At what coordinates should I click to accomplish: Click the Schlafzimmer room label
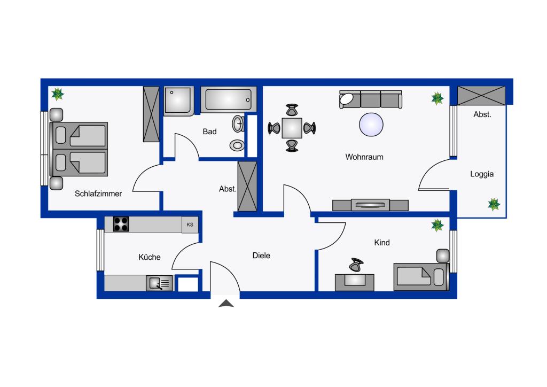(98, 193)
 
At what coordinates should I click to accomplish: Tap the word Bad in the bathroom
(209, 131)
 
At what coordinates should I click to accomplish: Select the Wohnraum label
(364, 157)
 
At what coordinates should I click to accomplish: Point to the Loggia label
(482, 174)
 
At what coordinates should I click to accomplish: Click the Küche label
(150, 257)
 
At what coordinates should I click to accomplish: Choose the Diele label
(261, 256)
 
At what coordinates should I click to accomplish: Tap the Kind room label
(381, 243)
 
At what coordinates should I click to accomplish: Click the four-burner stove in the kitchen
(121, 224)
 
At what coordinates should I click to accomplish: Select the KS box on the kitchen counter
(190, 225)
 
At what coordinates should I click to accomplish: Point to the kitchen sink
(159, 283)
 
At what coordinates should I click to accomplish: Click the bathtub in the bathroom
(229, 100)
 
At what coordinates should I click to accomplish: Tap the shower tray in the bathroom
(178, 101)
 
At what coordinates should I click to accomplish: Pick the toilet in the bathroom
(238, 145)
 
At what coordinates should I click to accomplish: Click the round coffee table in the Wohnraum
(371, 125)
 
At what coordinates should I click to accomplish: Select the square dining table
(292, 128)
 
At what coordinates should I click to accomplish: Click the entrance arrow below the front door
(226, 304)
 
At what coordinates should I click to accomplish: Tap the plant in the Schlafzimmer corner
(58, 94)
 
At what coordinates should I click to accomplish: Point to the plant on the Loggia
(494, 205)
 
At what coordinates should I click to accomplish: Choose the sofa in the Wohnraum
(371, 99)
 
